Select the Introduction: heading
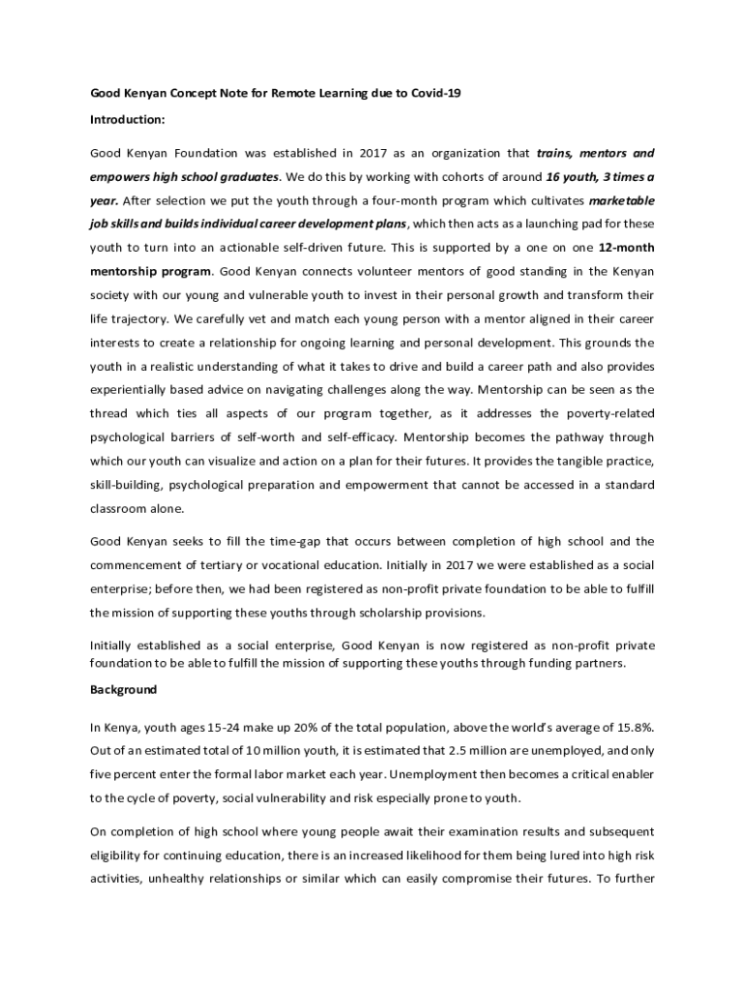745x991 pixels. point(128,120)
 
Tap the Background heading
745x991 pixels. point(124,690)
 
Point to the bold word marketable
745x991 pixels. point(621,199)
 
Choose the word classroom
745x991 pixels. point(121,507)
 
